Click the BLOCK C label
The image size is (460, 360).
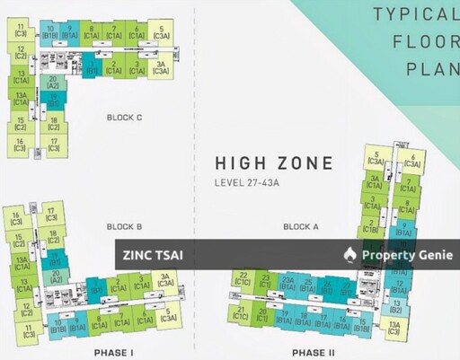click(125, 118)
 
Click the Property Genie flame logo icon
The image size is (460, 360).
click(349, 255)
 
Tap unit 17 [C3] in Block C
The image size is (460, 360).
click(54, 144)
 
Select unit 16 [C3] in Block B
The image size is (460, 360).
click(18, 218)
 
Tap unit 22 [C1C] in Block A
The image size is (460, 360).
click(242, 279)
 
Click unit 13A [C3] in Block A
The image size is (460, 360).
click(394, 329)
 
